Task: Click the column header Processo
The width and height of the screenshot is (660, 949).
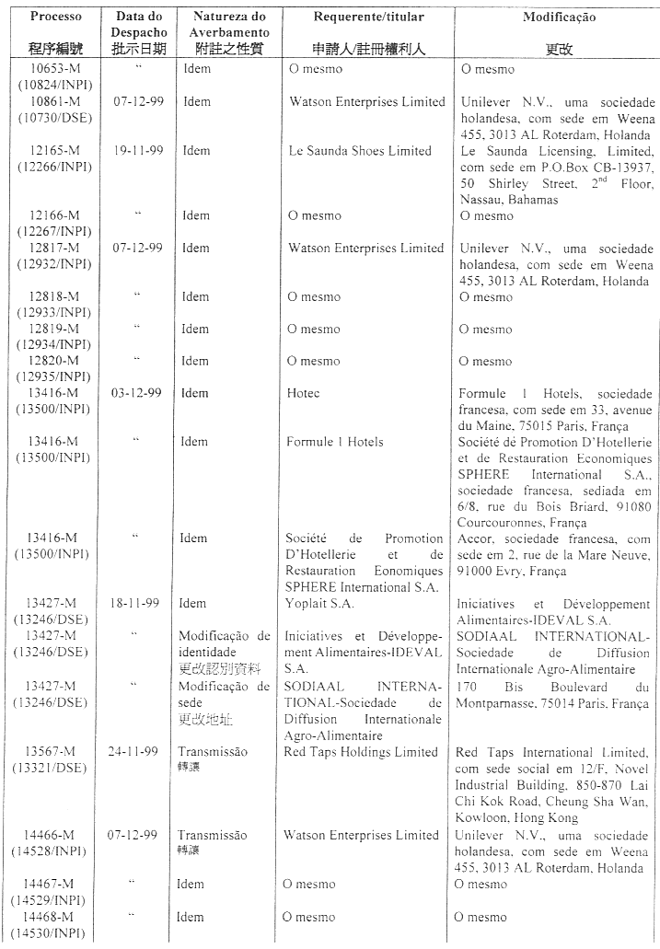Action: coord(55,17)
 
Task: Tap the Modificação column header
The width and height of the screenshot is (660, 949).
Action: coord(559,17)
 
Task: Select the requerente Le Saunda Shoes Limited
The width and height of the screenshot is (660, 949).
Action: coord(360,151)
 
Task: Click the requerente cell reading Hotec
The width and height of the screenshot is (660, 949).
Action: coord(304,393)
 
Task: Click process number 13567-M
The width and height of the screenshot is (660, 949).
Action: coord(53,752)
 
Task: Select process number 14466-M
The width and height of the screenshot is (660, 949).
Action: coord(53,835)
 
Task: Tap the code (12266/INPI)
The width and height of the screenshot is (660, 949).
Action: coord(53,167)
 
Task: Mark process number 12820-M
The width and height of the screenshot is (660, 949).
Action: coord(53,361)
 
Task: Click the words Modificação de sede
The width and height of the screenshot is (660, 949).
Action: coord(224,694)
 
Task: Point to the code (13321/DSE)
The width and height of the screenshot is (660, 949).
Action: coord(53,768)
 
